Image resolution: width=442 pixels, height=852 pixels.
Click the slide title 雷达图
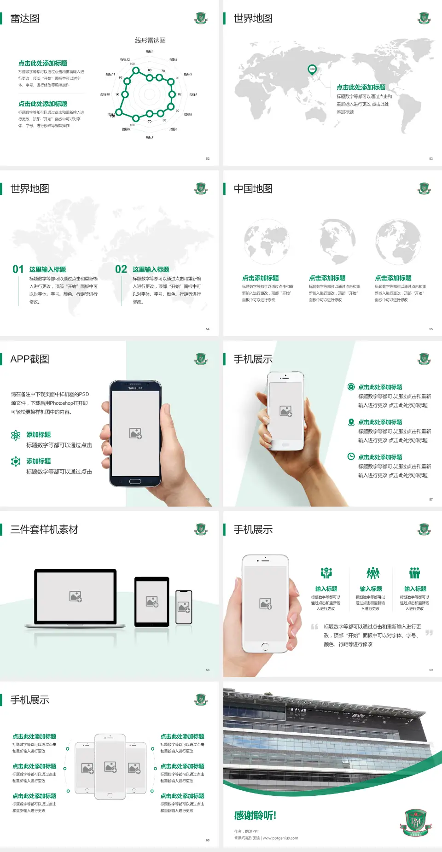coord(25,18)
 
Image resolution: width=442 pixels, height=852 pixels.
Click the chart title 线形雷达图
coord(150,41)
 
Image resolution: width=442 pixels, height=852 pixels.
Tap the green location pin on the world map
coord(312,70)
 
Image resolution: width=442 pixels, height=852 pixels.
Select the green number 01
coord(18,269)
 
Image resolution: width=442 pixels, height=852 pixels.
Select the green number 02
coord(121,269)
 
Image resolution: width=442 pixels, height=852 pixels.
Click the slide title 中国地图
coord(253,189)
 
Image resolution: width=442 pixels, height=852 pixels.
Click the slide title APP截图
coord(30,359)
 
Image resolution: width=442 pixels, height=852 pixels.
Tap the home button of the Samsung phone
coord(135,481)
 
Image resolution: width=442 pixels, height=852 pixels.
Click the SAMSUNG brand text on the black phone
coord(135,388)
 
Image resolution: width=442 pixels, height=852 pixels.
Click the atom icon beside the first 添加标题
coord(16,435)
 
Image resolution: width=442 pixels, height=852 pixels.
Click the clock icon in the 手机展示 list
coord(351,456)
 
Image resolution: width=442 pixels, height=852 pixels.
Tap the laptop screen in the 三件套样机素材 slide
coord(76,596)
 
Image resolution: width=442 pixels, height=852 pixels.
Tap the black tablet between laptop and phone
coord(152,601)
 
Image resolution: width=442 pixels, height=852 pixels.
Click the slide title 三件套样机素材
coord(44,530)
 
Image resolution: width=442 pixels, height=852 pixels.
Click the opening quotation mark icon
coord(314,627)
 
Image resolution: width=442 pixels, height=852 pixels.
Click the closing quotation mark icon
coord(429,633)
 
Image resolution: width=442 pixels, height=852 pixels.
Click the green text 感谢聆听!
coord(255,816)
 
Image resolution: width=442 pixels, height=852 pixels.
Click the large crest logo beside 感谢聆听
coord(416,822)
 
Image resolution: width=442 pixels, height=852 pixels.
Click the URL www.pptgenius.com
coord(280,838)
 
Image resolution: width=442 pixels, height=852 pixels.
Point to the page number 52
coord(208,158)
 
